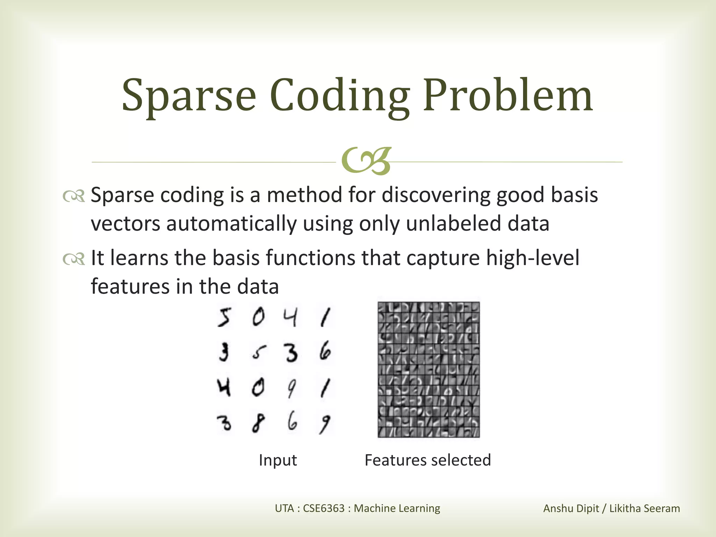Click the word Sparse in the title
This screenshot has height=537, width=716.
click(189, 95)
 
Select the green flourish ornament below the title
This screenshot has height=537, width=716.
click(366, 162)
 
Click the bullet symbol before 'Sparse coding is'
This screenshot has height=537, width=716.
click(74, 196)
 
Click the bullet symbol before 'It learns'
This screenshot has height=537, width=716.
click(74, 259)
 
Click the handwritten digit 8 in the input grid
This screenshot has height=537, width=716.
click(257, 423)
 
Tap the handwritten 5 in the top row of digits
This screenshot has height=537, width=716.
click(224, 318)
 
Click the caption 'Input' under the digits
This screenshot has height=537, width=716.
click(278, 460)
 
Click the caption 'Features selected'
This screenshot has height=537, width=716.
click(428, 460)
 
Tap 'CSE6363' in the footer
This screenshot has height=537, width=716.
click(324, 508)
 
